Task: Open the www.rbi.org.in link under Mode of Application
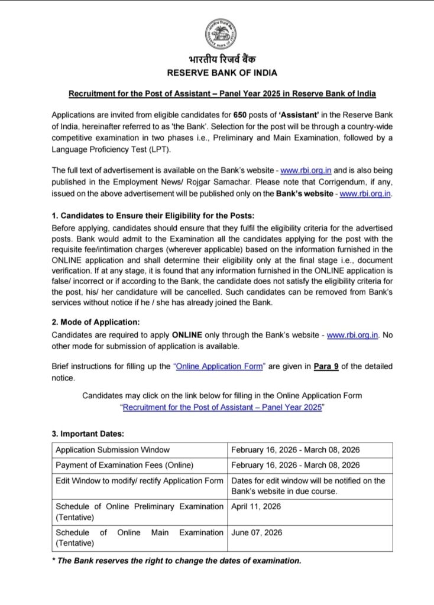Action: [352, 335]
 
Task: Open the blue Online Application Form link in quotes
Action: [219, 366]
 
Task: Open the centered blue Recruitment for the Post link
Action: [222, 408]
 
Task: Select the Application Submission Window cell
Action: [113, 450]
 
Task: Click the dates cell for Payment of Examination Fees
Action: [295, 465]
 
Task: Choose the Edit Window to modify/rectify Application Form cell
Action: [140, 480]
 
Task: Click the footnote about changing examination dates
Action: [177, 561]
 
